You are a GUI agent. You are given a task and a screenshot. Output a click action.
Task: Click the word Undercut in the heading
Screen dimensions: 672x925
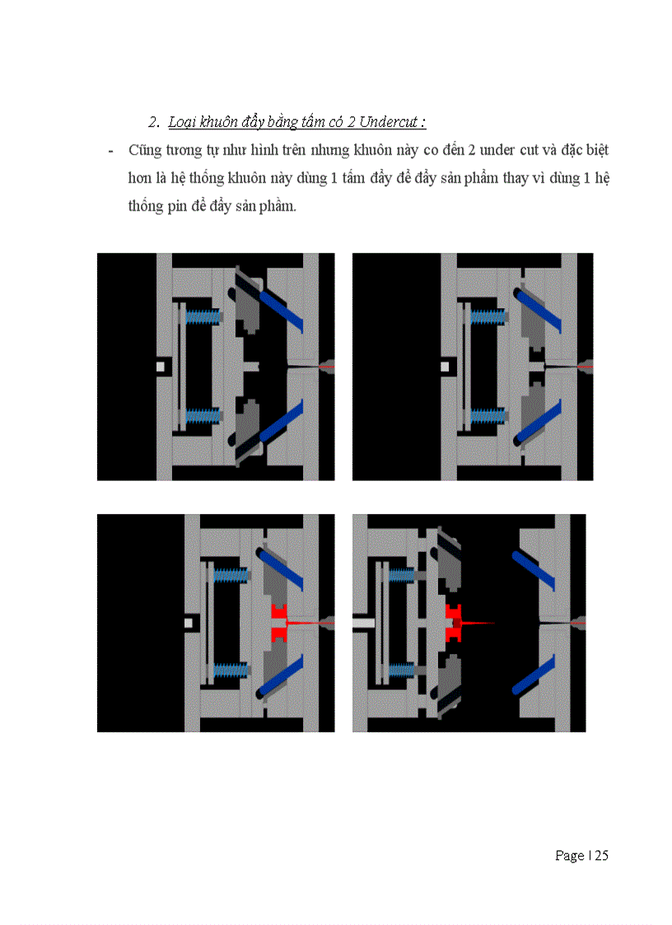[388, 122]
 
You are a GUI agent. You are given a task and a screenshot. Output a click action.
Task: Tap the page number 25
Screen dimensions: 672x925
[601, 855]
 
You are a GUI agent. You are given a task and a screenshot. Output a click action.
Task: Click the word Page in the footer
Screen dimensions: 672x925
[569, 856]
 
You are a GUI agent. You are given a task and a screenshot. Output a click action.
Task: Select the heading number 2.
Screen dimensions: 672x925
[154, 122]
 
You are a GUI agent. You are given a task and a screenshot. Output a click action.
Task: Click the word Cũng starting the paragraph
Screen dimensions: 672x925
[145, 151]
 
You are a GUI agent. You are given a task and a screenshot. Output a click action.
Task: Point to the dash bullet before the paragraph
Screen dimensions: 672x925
[111, 152]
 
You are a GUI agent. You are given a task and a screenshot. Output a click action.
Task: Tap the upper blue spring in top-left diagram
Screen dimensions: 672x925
[203, 317]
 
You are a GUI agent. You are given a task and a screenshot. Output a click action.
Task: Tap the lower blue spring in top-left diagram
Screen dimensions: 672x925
[203, 415]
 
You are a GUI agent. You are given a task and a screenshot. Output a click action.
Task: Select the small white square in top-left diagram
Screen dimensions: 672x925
[161, 367]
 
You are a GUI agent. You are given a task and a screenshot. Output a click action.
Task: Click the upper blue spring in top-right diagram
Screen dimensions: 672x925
[488, 317]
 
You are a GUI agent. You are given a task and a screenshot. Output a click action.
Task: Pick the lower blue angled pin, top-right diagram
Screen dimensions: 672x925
[538, 423]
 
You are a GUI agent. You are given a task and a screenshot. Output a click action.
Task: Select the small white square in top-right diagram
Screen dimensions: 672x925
[445, 367]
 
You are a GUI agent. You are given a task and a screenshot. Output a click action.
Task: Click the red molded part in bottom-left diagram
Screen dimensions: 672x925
[279, 623]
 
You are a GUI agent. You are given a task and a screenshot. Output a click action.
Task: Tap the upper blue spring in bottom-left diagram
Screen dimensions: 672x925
[231, 575]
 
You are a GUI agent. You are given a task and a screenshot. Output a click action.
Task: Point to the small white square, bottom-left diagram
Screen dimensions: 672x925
[189, 623]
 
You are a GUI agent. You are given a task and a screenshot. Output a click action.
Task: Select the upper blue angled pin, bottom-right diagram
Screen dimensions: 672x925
[534, 571]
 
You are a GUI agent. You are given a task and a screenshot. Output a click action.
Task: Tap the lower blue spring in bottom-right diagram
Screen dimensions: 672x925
[403, 670]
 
